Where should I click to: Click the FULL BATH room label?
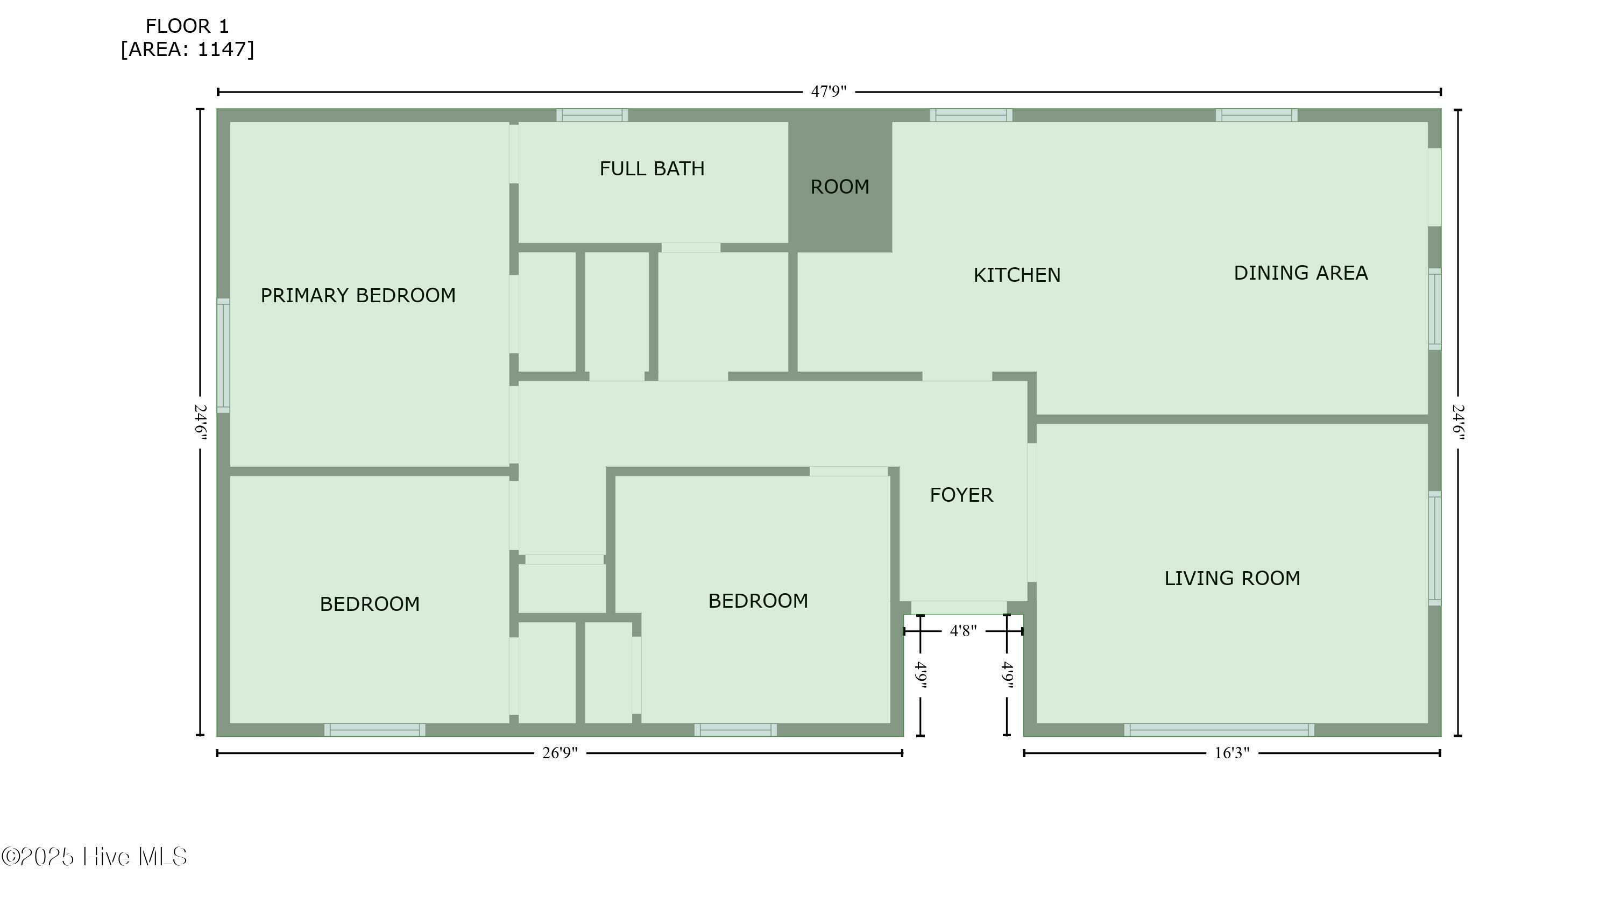[x=652, y=168]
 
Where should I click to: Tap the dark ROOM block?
[x=840, y=187]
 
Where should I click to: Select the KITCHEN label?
[x=1017, y=275]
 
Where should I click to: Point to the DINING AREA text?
[x=1301, y=273]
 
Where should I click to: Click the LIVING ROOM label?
[x=1233, y=578]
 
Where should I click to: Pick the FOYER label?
[x=961, y=495]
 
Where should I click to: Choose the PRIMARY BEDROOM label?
[x=358, y=296]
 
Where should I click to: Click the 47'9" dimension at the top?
[x=829, y=91]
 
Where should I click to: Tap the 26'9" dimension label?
[x=560, y=753]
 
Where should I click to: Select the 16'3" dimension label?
[x=1232, y=753]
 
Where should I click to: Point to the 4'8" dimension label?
[x=963, y=631]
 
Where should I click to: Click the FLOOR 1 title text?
[x=187, y=26]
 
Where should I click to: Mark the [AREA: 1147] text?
[x=187, y=49]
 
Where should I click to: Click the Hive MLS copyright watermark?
[x=94, y=857]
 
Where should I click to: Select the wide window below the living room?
[x=1219, y=730]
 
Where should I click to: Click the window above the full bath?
[x=592, y=115]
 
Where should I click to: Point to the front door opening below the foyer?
[x=959, y=608]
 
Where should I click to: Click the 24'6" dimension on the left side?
[x=201, y=422]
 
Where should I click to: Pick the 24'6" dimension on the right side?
[x=1458, y=422]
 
